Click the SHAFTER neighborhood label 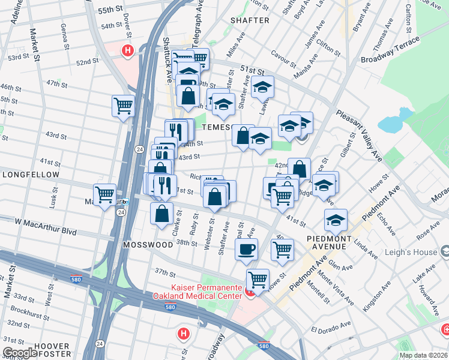pyautogui.click(x=250, y=20)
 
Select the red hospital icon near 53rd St pyautogui.click(x=127, y=52)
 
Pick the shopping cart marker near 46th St pyautogui.click(x=123, y=106)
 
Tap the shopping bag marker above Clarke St pyautogui.click(x=162, y=213)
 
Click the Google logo pyautogui.click(x=20, y=353)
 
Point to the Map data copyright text pyautogui.click(x=423, y=355)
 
